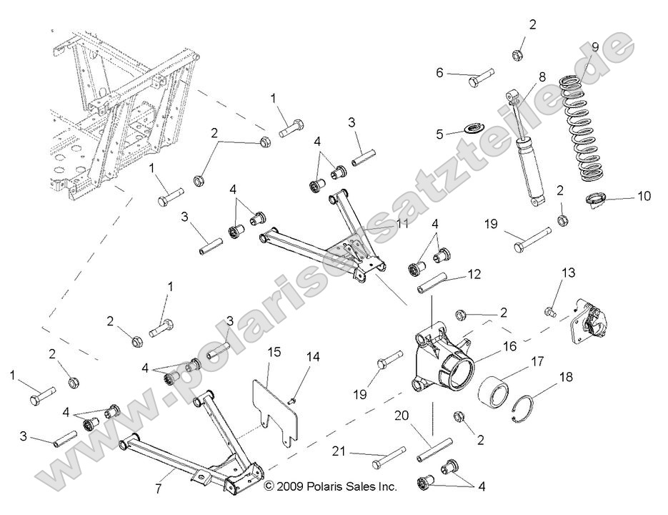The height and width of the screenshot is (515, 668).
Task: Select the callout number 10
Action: pos(644,195)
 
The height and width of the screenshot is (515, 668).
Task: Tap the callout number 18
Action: pos(566,377)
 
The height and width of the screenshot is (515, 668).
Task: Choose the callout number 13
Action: pos(568,272)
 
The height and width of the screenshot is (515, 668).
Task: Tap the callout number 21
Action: pos(339,451)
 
